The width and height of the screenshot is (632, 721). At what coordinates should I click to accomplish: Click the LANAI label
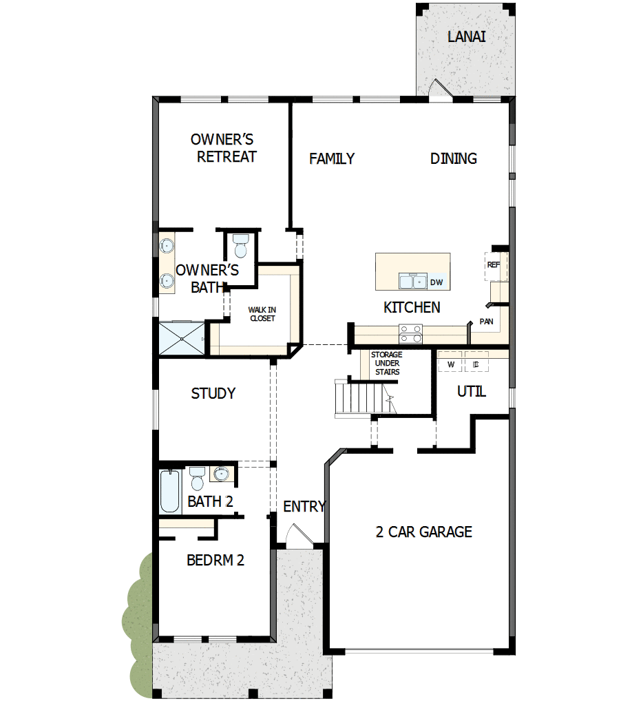466,36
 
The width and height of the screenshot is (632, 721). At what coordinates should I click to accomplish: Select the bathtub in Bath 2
169,490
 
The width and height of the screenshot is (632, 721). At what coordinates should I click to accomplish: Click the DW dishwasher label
436,282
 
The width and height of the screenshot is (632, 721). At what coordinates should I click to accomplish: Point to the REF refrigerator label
493,264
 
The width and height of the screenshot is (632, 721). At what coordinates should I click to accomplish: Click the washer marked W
451,364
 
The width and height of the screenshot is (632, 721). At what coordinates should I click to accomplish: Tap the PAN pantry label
486,321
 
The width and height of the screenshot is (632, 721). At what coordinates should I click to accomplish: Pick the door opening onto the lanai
439,90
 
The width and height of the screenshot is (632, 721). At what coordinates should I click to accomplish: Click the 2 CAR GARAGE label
423,532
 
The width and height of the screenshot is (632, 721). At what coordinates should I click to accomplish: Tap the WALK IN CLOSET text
262,314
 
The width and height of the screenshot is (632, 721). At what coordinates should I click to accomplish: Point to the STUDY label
213,394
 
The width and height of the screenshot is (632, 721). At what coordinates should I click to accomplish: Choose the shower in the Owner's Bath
182,338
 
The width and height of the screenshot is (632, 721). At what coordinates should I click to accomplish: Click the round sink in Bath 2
221,474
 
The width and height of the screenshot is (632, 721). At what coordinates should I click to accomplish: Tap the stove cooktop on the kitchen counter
411,333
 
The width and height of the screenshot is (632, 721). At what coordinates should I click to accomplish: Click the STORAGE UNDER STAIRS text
386,363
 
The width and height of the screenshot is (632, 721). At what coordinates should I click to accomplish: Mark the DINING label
454,158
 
